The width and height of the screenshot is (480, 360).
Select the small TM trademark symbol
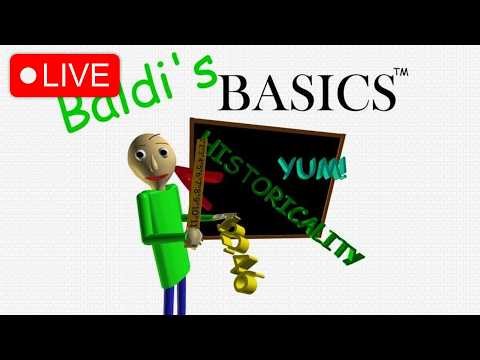pyautogui.click(x=400, y=73)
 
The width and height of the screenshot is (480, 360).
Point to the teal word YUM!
pyautogui.click(x=313, y=167)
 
